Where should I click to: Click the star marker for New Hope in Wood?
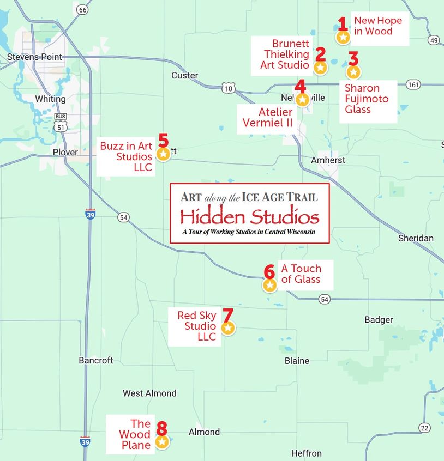343,37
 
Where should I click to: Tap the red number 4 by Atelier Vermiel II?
301,86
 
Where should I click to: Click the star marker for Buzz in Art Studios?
163,154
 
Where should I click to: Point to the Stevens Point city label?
34,57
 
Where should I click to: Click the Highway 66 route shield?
82,10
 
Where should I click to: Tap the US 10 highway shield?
228,87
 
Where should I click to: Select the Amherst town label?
328,160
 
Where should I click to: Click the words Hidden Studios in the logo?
250,217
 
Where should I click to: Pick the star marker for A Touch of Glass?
269,285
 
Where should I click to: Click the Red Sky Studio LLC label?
197,326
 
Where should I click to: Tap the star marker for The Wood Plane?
162,442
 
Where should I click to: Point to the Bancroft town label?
96,360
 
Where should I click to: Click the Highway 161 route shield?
413,84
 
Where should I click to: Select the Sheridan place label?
416,238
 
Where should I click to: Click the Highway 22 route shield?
425,427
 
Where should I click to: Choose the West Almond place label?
149,393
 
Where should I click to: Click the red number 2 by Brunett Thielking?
321,54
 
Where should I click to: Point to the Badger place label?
379,320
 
